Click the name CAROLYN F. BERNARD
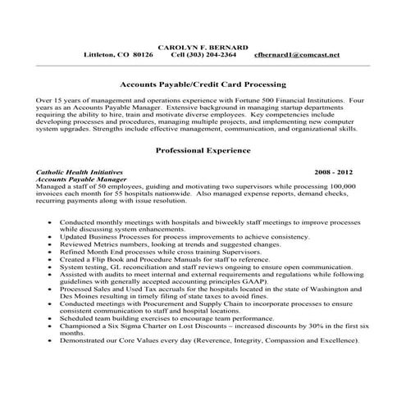[202, 47]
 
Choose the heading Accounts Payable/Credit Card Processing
[202, 84]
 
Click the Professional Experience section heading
[202, 151]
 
